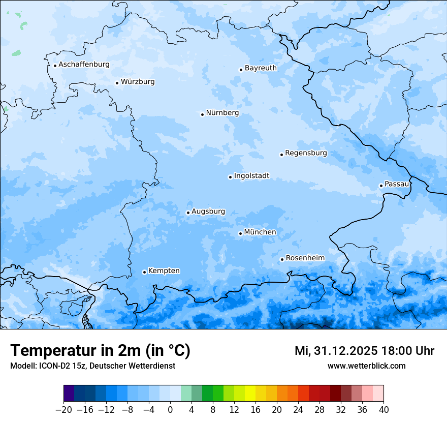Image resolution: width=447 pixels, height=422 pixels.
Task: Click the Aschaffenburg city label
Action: point(84,65)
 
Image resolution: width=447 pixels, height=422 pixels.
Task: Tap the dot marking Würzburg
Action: point(117,83)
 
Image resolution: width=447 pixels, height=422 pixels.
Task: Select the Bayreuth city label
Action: point(261,68)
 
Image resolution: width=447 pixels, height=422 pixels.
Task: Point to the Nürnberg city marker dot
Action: point(202,114)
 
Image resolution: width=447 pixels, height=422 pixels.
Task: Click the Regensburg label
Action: point(306,153)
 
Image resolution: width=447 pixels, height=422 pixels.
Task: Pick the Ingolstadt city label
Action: point(251,176)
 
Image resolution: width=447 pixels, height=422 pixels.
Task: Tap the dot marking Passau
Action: point(381,186)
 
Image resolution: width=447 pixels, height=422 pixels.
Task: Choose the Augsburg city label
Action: point(208,212)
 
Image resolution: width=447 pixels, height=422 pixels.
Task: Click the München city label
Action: point(260,232)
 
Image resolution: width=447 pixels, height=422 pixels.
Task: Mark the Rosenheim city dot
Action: point(282,260)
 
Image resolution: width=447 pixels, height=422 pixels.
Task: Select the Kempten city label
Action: point(164,270)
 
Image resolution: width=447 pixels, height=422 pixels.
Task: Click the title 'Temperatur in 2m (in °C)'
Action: point(100,351)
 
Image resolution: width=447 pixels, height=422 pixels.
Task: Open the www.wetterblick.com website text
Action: point(366,366)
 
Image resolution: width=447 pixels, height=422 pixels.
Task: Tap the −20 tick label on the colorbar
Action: point(63,410)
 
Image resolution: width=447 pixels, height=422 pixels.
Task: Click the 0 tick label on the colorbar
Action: point(170,410)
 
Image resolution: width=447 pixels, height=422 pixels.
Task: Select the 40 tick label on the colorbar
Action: point(384,410)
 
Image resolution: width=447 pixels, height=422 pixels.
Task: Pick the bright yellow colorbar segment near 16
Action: point(250,394)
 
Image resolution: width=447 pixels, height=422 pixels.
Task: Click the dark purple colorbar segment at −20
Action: point(69,394)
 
